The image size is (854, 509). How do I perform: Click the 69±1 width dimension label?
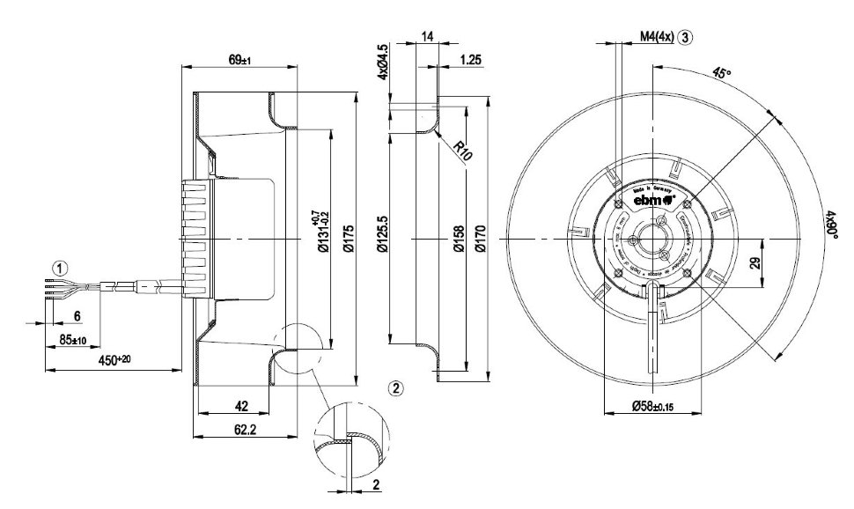coord(240,60)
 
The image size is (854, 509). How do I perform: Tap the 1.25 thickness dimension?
coord(470,61)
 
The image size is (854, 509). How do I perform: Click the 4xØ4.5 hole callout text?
coord(382,62)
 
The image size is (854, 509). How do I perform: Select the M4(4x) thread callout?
coord(656,37)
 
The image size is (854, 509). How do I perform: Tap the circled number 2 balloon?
coord(397,387)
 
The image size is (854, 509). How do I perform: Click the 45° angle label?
coord(723,75)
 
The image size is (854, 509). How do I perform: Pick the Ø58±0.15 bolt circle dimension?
coord(651,406)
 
